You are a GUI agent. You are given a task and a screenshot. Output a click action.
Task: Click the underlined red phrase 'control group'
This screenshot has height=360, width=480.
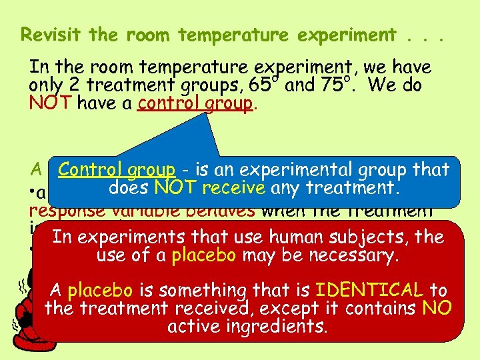coord(195,103)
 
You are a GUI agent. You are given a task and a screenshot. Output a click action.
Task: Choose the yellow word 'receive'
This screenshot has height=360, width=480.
coord(234,188)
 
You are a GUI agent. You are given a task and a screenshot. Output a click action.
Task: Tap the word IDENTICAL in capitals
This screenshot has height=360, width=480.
coord(369,291)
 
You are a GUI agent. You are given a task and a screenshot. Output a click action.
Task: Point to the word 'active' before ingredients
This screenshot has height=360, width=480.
coord(192,327)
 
